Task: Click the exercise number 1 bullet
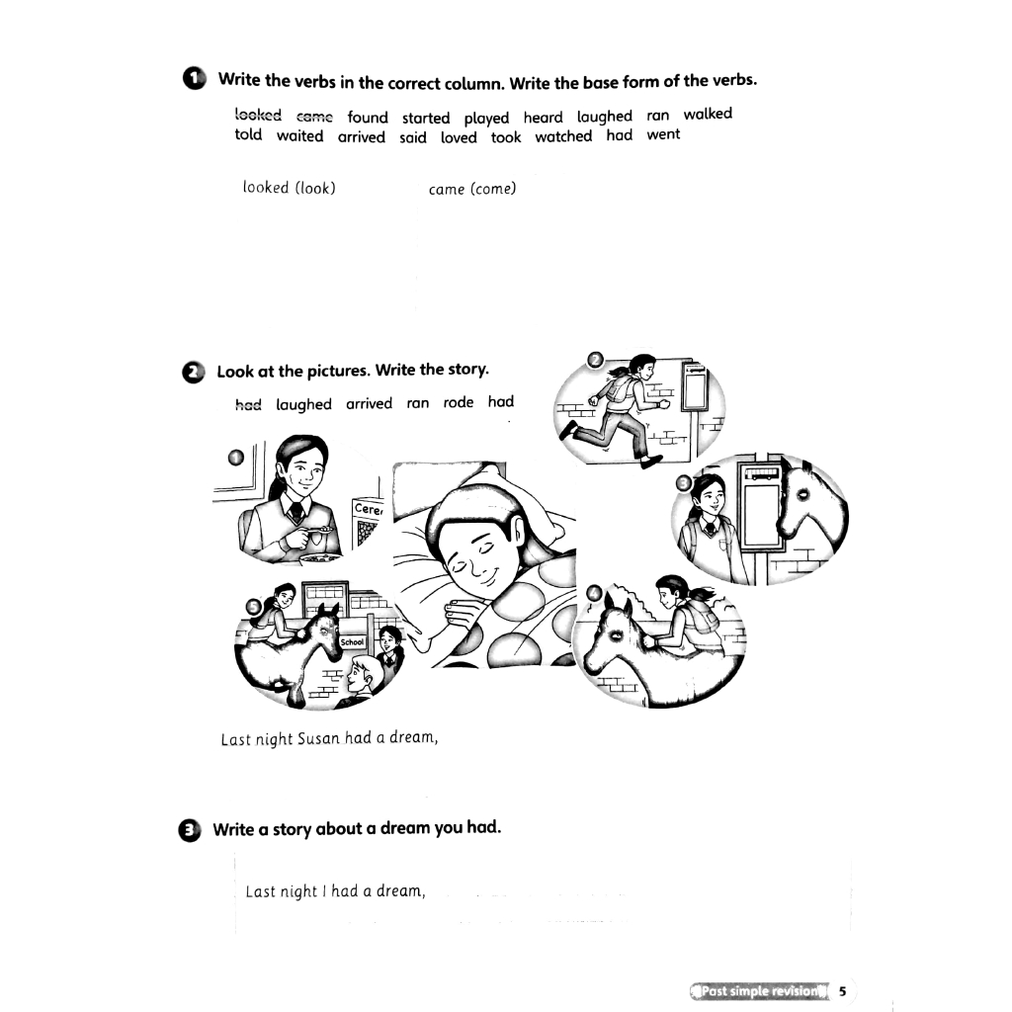tap(194, 79)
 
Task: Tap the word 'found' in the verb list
tap(368, 118)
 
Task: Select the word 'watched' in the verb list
tap(564, 136)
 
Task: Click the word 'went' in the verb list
tap(663, 134)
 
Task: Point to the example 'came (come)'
tap(472, 190)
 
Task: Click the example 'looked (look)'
tap(289, 188)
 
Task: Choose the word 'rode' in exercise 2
tap(459, 402)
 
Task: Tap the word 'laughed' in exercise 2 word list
tap(303, 404)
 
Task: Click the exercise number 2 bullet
tap(194, 372)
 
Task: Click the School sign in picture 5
tap(353, 642)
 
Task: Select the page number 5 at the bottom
tap(842, 991)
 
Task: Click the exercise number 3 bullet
tap(193, 829)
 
